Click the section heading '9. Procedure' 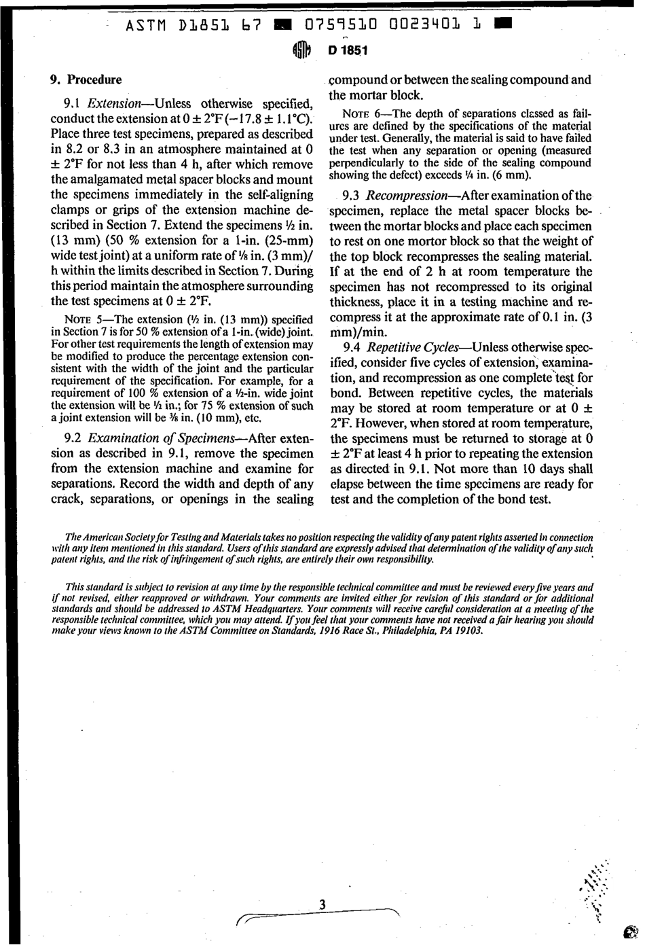86,79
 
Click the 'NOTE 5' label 82,320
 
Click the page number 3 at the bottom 322,904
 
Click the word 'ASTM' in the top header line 149,26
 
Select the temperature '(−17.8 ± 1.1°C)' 263,119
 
